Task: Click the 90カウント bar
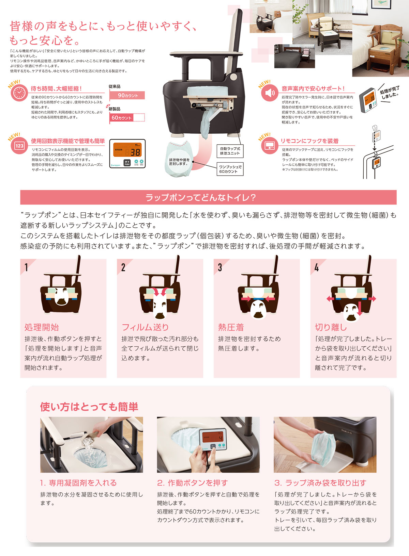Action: click(127, 95)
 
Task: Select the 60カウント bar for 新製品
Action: click(121, 118)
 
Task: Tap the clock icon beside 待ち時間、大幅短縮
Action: click(19, 93)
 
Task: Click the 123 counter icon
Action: click(19, 146)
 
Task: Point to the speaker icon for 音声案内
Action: click(270, 93)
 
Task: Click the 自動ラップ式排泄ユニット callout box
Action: click(230, 151)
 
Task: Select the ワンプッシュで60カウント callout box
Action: click(230, 169)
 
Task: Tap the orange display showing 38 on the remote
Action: click(127, 150)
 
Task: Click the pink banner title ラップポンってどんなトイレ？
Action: click(200, 198)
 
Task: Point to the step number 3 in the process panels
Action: click(220, 267)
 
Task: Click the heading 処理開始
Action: click(42, 327)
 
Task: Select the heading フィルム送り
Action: click(145, 327)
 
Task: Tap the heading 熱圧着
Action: click(231, 327)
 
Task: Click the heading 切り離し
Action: click(331, 327)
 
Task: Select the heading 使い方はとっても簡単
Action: click(89, 407)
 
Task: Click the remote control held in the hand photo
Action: click(213, 440)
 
